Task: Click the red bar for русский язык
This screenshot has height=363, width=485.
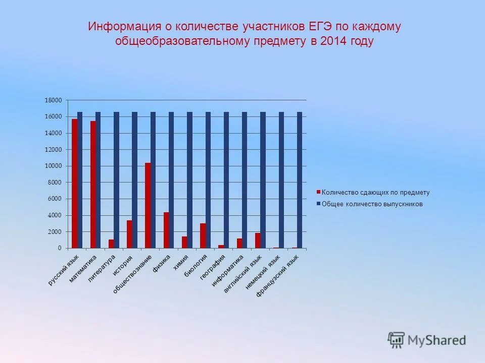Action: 74,184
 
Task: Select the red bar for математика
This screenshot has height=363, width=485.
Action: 93,185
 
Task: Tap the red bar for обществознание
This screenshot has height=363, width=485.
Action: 148,205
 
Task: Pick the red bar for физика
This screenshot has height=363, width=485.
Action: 166,230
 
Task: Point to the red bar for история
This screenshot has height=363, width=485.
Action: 129,234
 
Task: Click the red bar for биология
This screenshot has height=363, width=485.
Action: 203,235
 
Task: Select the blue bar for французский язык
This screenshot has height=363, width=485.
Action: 300,180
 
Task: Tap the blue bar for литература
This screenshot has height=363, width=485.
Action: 116,180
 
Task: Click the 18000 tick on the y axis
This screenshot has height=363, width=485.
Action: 53,100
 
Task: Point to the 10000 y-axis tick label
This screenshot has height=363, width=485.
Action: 53,166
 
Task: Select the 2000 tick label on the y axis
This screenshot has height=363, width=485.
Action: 55,232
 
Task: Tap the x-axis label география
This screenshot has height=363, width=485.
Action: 213,267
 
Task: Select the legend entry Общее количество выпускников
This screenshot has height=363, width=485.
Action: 372,204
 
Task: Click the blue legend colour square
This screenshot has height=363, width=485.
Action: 318,204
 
